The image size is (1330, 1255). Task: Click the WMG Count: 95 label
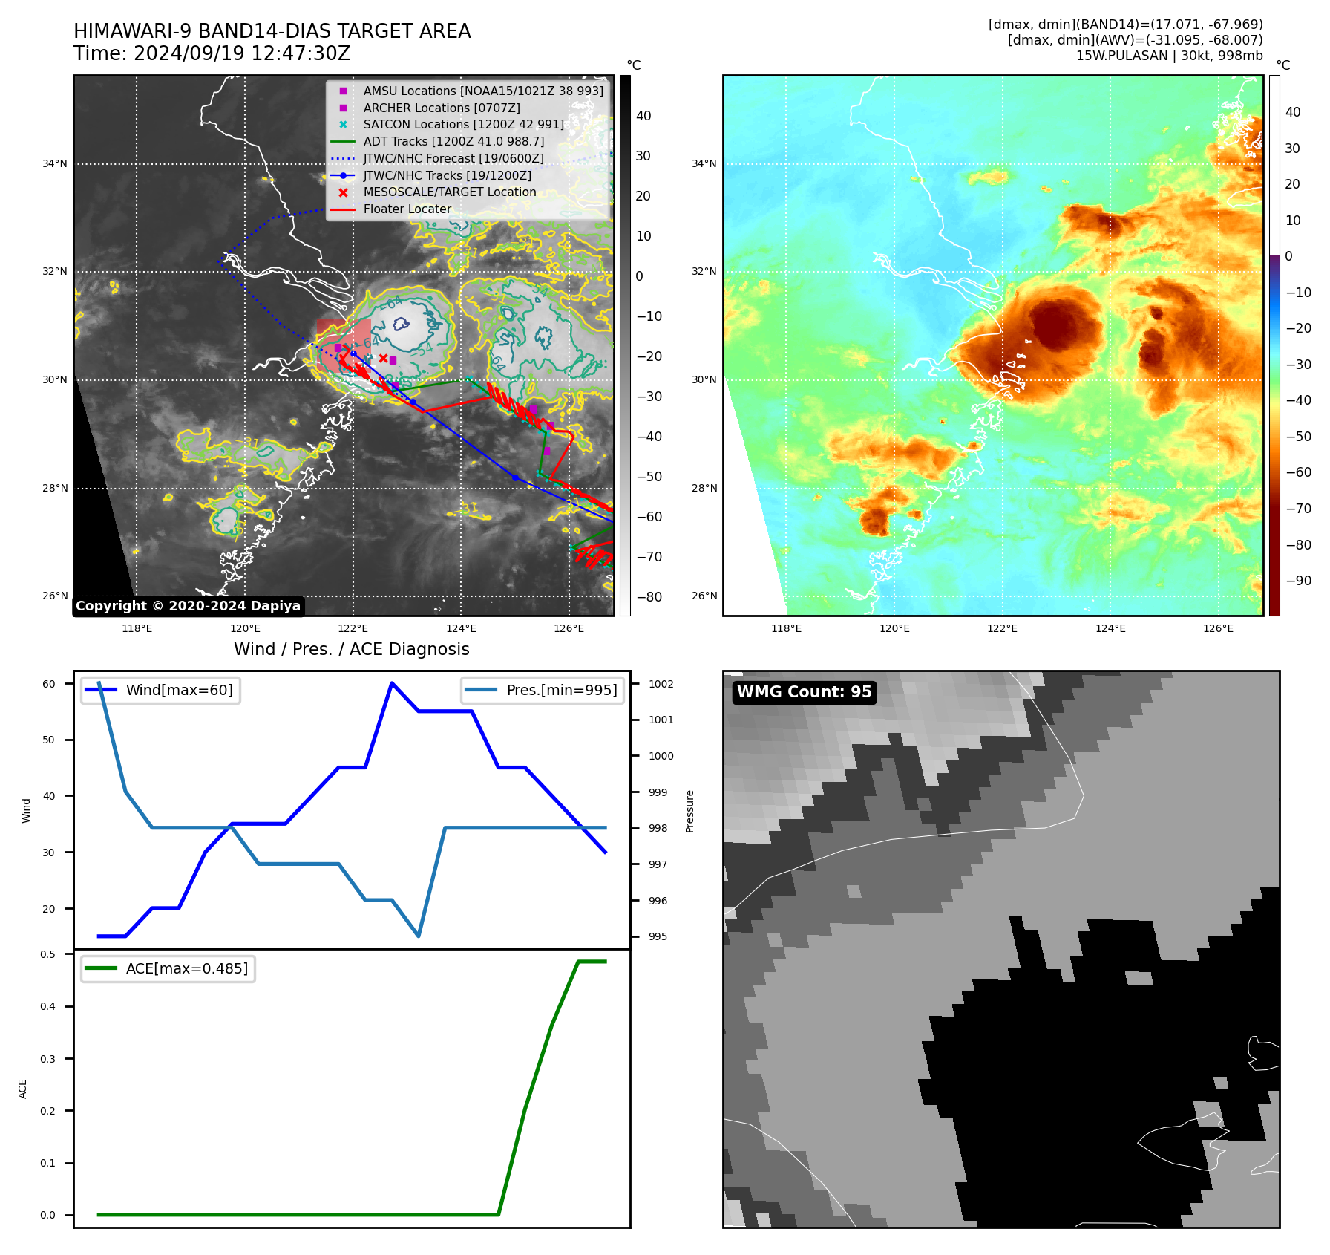[804, 692]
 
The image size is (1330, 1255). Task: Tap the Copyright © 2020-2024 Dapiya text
[188, 606]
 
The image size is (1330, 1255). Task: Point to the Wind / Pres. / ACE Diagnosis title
[351, 649]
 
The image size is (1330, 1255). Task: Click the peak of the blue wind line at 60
[392, 683]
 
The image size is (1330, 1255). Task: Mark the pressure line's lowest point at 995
[419, 936]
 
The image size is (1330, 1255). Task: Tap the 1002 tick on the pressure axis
[661, 684]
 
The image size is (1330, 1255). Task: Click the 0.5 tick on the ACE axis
[48, 954]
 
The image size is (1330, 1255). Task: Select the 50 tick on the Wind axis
[48, 740]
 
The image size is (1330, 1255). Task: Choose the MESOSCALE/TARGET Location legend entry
[449, 192]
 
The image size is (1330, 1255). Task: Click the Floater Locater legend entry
[407, 209]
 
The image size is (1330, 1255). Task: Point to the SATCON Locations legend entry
[463, 125]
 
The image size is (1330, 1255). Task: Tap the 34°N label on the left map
[55, 164]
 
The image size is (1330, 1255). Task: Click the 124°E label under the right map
[1110, 628]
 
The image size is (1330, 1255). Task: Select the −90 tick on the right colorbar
[1298, 581]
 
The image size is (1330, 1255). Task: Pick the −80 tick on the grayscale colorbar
[649, 597]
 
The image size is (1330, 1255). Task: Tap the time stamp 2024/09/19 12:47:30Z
[242, 53]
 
